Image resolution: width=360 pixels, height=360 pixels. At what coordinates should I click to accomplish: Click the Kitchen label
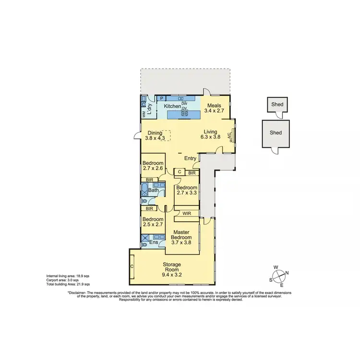172,106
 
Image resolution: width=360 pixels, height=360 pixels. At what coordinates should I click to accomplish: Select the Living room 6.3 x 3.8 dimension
210,136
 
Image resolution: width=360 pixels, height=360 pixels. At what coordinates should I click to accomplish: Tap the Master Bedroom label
181,234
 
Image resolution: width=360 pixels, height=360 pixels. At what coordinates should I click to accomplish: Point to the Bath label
153,191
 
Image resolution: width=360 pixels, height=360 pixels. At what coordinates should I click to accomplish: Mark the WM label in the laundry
144,114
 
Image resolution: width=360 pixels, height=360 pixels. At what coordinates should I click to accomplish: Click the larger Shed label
276,133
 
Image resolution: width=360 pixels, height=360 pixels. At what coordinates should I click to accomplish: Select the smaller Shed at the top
276,104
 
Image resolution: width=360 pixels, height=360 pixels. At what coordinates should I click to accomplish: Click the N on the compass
287,273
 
